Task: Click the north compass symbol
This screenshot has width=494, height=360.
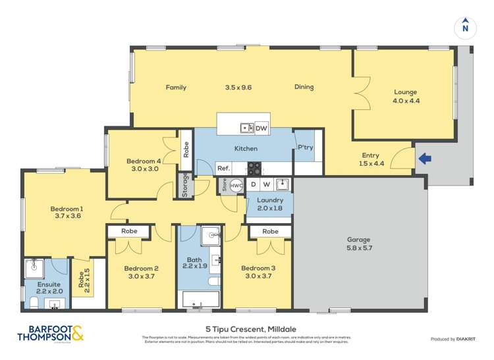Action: coord(465,27)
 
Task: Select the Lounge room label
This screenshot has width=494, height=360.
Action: coord(406,92)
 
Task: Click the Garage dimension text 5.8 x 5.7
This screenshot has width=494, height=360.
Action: coord(359,249)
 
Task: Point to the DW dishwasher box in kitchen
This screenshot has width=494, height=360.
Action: coord(261,128)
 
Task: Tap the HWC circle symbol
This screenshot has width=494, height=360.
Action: coord(236,186)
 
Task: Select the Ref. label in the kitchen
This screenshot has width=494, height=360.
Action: coord(223,168)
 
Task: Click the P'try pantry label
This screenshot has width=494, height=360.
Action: coord(305,148)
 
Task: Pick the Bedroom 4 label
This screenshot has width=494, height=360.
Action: coord(144,161)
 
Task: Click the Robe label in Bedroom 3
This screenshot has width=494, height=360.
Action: coord(269,232)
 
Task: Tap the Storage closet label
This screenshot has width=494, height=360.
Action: coord(186,185)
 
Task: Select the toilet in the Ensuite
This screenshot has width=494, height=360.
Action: coord(34,303)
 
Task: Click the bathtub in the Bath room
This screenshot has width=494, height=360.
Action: coord(200,299)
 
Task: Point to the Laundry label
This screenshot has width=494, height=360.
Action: coord(270,200)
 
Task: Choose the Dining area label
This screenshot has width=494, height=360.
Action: coord(304,87)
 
